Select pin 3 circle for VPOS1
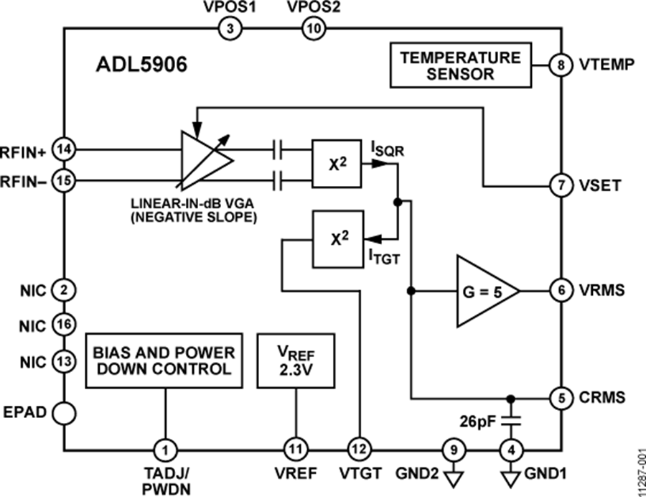pos(230,29)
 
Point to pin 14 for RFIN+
pos(65,149)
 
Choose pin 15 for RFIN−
pos(65,181)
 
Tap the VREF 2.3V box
pos(294,361)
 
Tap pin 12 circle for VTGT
pos(357,450)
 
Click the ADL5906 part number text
pos(141,66)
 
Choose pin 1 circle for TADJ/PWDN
pos(165,450)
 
